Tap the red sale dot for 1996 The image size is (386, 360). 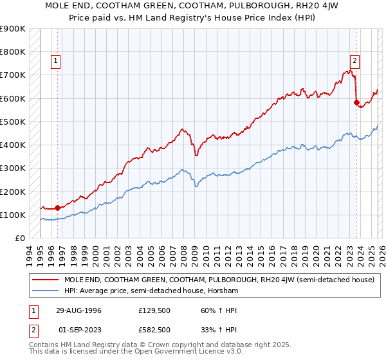pyautogui.click(x=58, y=208)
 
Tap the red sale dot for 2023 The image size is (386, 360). pyautogui.click(x=356, y=102)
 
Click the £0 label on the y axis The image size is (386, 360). pyautogui.click(x=20, y=238)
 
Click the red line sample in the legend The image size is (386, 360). pyautogui.click(x=46, y=280)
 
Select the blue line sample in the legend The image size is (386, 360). pyautogui.click(x=46, y=291)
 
